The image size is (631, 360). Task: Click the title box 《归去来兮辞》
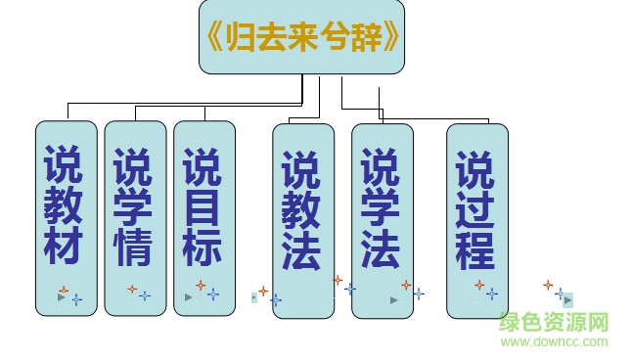tap(301, 38)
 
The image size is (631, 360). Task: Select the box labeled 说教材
tap(67, 217)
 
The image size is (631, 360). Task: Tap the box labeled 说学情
tap(135, 217)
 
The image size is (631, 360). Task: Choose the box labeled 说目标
tap(204, 217)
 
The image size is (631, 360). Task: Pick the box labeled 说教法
tap(303, 220)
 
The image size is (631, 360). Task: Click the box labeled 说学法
tap(382, 220)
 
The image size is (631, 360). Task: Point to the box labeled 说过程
tap(477, 220)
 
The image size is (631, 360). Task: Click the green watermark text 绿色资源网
tap(554, 322)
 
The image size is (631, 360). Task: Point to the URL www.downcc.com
tap(554, 341)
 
